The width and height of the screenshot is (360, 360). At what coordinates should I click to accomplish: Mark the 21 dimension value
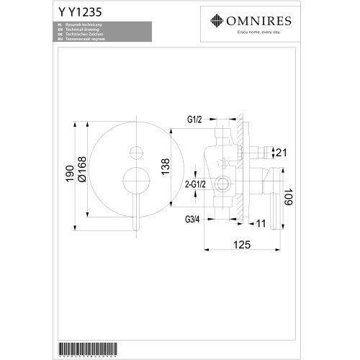[281, 151]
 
